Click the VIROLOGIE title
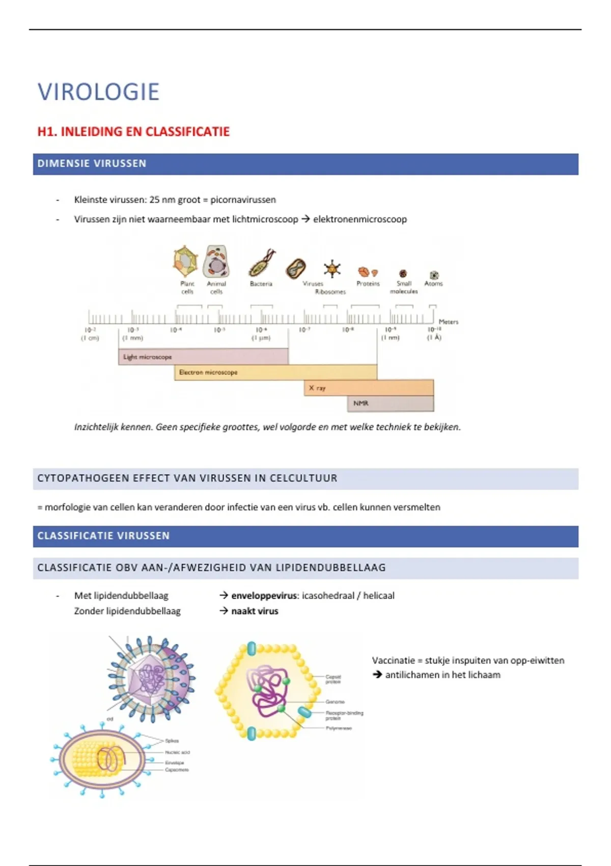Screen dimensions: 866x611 click(x=98, y=92)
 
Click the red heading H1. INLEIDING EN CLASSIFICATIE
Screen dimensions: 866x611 click(x=133, y=132)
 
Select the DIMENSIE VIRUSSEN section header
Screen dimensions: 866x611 click(x=92, y=164)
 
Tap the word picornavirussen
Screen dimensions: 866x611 click(x=243, y=200)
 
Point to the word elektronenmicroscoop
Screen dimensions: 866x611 click(x=360, y=220)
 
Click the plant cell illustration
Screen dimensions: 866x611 click(x=185, y=260)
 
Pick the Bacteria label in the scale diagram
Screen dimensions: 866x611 click(x=261, y=284)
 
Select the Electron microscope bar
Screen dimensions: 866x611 click(x=275, y=372)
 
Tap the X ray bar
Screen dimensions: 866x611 click(x=368, y=388)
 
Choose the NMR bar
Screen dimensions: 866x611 click(x=390, y=403)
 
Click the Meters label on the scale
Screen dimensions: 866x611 click(x=448, y=321)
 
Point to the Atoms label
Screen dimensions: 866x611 click(x=433, y=284)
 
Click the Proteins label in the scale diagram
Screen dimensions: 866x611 click(x=368, y=284)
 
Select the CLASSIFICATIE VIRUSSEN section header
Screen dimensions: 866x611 click(x=103, y=536)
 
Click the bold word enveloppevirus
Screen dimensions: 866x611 click(x=264, y=596)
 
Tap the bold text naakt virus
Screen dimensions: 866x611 click(x=255, y=611)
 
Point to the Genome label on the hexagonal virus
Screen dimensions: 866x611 click(x=335, y=701)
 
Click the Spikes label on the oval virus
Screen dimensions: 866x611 click(x=172, y=741)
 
